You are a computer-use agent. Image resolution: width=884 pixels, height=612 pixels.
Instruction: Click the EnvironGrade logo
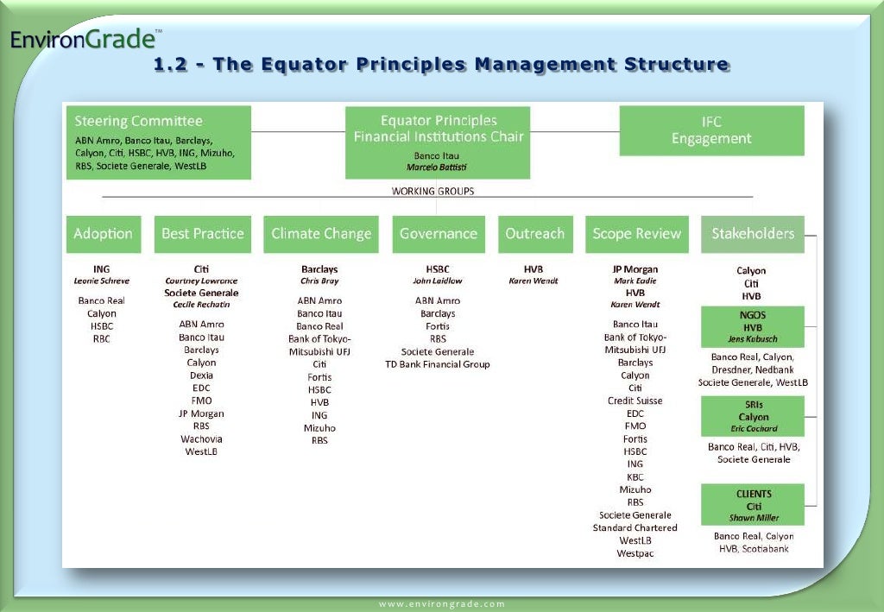point(84,40)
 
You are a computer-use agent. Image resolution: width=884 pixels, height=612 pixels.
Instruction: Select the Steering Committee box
point(159,142)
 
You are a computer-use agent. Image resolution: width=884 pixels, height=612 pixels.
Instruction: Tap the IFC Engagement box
point(711,130)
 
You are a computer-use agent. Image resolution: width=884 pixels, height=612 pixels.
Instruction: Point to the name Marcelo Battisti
point(437,167)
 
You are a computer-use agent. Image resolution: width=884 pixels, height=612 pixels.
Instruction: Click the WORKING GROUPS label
point(433,191)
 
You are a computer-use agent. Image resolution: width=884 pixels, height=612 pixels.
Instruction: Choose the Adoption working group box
point(104,234)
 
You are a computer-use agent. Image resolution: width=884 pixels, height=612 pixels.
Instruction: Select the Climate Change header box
point(321,234)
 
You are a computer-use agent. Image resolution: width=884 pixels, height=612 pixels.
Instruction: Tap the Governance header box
point(438,234)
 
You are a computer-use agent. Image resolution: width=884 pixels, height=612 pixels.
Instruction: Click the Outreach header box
point(535,234)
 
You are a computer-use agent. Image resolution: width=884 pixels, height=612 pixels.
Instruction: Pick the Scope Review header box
point(636,234)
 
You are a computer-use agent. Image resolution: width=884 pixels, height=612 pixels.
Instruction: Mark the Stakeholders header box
point(752,234)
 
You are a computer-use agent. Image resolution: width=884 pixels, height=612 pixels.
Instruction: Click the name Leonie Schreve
point(102,281)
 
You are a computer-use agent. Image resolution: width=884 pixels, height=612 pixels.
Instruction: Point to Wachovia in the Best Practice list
point(201,438)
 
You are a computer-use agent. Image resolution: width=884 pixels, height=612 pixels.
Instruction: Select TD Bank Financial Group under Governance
point(438,364)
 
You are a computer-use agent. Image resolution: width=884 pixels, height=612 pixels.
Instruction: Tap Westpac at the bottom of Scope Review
point(635,553)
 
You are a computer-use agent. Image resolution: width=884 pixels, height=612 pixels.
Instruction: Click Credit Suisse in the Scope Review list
point(635,401)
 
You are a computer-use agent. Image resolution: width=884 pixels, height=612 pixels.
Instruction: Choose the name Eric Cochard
point(752,429)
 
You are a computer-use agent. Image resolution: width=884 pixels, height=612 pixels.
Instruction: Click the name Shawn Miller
point(754,518)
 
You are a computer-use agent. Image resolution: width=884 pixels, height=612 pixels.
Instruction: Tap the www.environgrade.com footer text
point(442,604)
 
